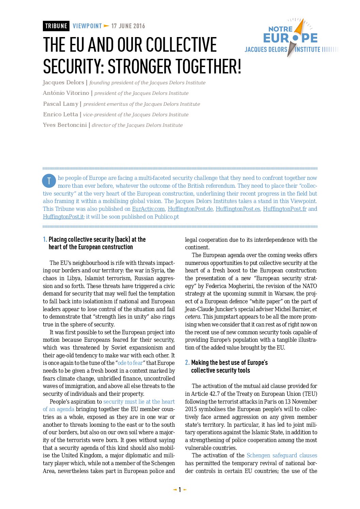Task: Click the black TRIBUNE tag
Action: (x=56, y=26)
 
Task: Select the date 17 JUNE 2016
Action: (x=128, y=26)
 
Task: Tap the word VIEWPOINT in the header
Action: (x=87, y=26)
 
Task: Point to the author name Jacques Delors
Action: (x=63, y=83)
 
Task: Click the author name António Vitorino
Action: (x=66, y=93)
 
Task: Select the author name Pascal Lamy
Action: (x=61, y=104)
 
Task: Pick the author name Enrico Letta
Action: (x=61, y=115)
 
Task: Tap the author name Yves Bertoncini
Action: (x=65, y=125)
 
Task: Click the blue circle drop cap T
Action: (x=49, y=181)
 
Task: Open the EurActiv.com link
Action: (x=148, y=209)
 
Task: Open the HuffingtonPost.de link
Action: (x=190, y=209)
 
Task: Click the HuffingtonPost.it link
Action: (x=63, y=217)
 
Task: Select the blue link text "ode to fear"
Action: (x=130, y=363)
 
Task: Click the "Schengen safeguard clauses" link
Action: (x=282, y=456)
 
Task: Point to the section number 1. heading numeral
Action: (x=45, y=239)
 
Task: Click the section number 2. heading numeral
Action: (x=187, y=363)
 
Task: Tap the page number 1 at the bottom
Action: (x=180, y=490)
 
